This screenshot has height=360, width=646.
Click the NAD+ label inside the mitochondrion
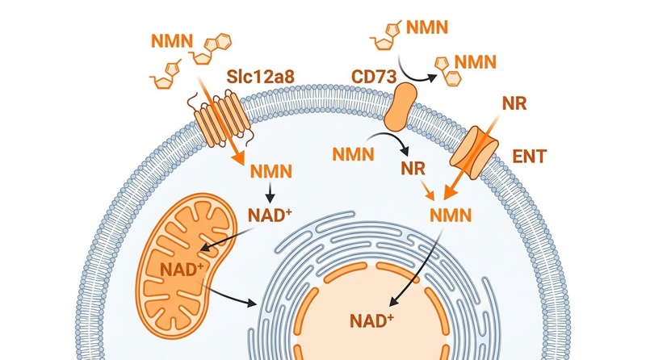[x=183, y=267]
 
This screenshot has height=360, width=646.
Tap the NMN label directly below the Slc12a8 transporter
[x=271, y=172]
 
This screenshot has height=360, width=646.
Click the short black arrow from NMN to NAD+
[x=271, y=194]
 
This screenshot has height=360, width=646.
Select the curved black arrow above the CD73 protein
[x=419, y=73]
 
